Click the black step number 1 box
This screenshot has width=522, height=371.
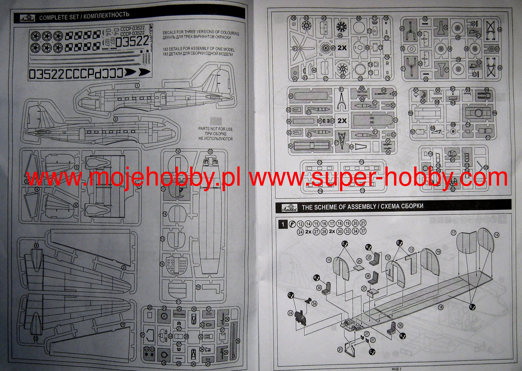[282, 224]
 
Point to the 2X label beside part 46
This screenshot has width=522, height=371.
[342, 48]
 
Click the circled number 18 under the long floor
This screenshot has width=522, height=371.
[440, 308]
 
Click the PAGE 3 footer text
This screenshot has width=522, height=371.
[396, 369]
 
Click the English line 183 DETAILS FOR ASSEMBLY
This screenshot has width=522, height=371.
[198, 49]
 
